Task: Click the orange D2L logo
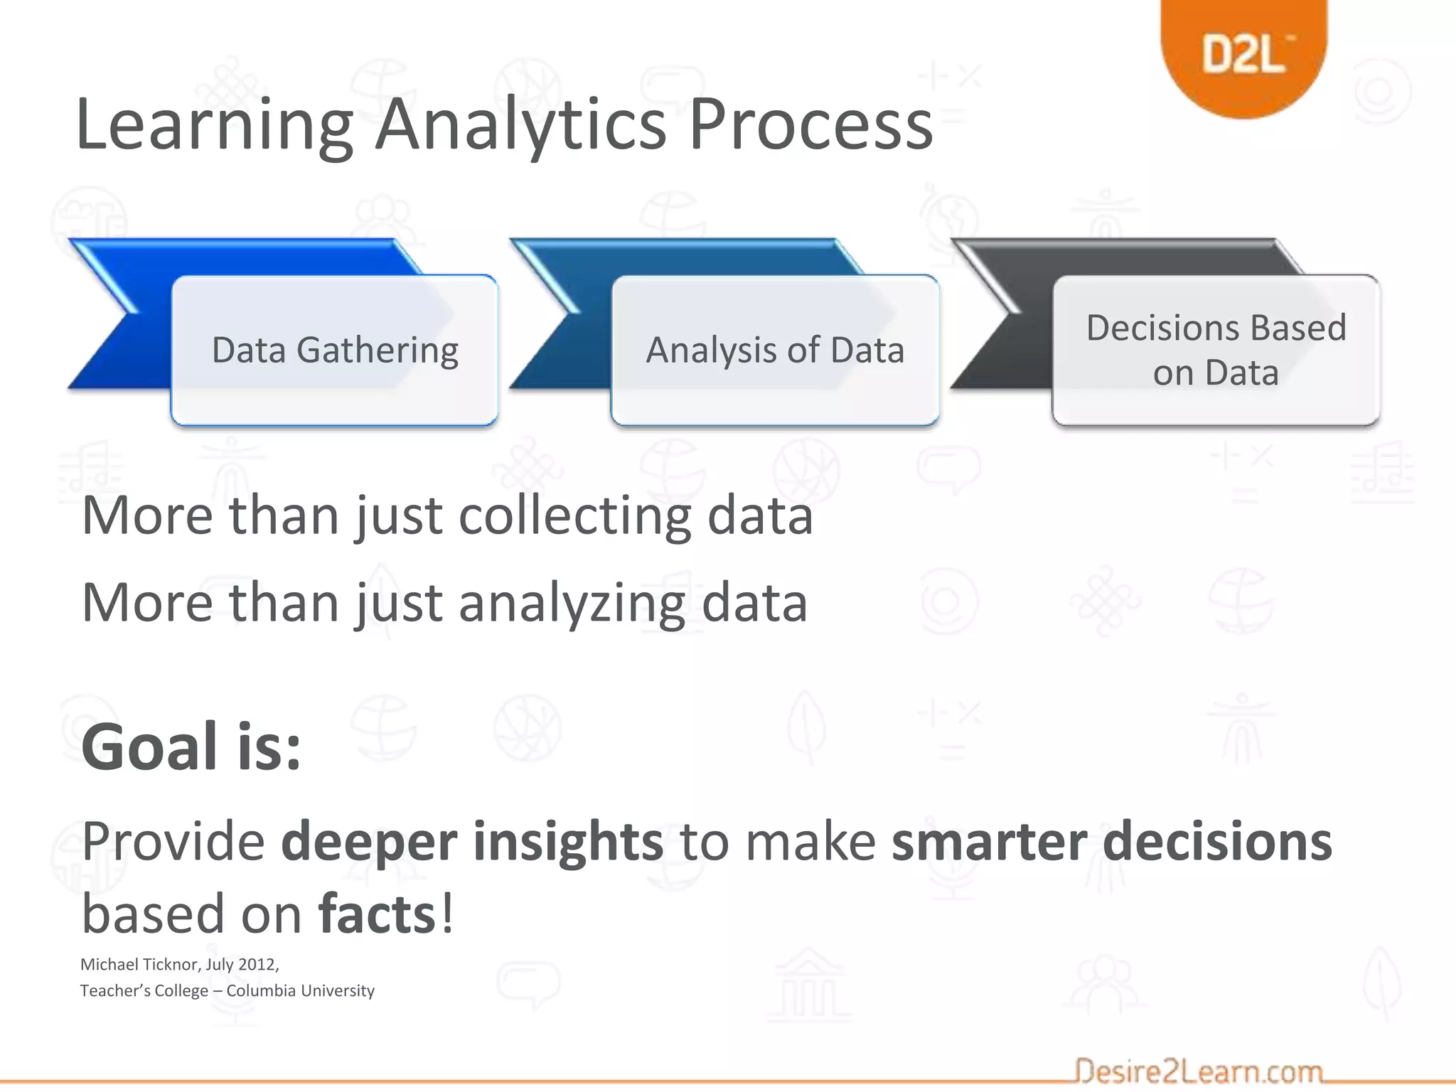coord(1244,54)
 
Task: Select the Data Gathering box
coord(335,350)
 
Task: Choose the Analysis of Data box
coord(775,350)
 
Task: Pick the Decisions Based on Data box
coord(1216,350)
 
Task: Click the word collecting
coord(574,516)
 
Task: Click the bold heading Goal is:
coord(191,747)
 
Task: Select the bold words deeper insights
coord(472,842)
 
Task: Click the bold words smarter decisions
coord(1111,842)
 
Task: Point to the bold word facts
coord(377,915)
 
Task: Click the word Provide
coord(173,842)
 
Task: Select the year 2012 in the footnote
coord(257,965)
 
